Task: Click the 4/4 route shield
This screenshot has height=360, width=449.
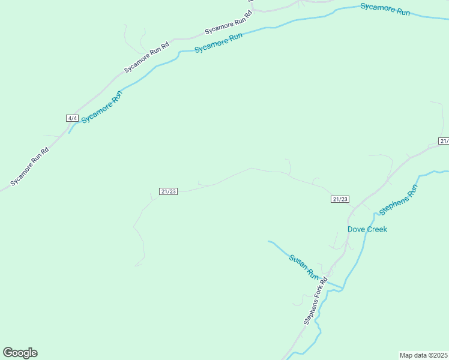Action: pos(72,118)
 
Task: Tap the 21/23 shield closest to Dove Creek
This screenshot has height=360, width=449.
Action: pos(340,199)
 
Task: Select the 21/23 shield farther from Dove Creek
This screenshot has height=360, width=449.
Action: pos(169,191)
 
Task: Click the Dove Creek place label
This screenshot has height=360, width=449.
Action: pos(367,229)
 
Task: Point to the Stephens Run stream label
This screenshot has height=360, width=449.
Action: pos(398,200)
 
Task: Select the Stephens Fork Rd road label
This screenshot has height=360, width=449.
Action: pos(315,301)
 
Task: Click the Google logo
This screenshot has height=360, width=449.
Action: pos(20,353)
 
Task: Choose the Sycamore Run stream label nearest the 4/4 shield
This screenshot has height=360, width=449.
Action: pos(101,107)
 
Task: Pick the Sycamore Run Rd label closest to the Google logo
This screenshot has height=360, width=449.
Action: pos(29,167)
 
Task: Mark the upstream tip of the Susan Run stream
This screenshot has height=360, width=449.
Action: pos(268,241)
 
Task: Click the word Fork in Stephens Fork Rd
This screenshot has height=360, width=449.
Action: pos(316,299)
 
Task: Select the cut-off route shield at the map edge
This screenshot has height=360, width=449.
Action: pos(444,141)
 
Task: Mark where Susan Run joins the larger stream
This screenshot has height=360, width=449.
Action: pos(342,289)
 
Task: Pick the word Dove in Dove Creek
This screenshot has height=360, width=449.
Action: pos(356,229)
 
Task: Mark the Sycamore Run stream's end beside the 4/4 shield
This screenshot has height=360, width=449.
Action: pos(69,132)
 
